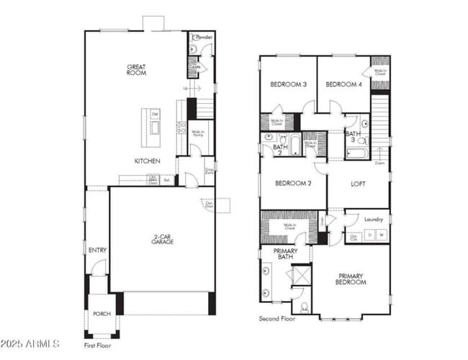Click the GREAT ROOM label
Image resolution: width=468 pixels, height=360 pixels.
pyautogui.click(x=136, y=69)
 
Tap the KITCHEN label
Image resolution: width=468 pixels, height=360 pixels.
pyautogui.click(x=147, y=161)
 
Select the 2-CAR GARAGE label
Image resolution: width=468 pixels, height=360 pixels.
pyautogui.click(x=161, y=240)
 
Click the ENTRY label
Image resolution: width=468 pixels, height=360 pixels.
pyautogui.click(x=97, y=250)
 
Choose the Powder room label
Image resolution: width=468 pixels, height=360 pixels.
pyautogui.click(x=204, y=36)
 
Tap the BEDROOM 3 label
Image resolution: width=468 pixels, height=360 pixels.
pyautogui.click(x=288, y=84)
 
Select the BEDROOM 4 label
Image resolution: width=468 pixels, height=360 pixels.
pyautogui.click(x=343, y=84)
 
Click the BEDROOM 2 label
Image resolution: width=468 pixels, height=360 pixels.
pyautogui.click(x=293, y=184)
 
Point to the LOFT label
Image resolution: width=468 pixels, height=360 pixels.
pyautogui.click(x=358, y=184)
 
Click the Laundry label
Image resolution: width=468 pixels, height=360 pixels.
pyautogui.click(x=373, y=219)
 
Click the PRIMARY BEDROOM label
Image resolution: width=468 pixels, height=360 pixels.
pyautogui.click(x=351, y=279)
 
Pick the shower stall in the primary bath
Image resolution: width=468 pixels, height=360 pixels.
pyautogui.click(x=300, y=275)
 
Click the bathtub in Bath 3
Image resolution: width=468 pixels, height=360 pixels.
pyautogui.click(x=356, y=153)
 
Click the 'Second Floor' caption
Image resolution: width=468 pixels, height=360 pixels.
pyautogui.click(x=277, y=318)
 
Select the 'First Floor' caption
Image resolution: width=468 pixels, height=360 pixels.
pyautogui.click(x=98, y=346)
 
